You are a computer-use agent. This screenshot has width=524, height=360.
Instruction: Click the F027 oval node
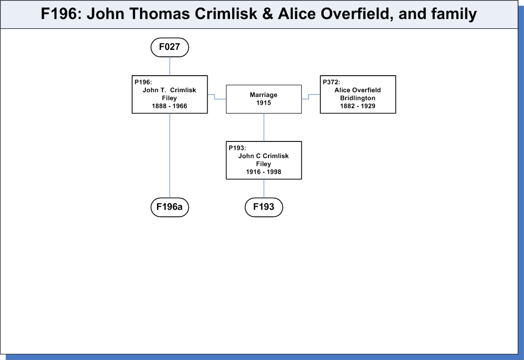(170, 47)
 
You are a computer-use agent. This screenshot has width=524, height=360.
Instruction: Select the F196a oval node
(170, 207)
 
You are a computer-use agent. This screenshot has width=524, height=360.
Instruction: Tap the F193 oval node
(264, 207)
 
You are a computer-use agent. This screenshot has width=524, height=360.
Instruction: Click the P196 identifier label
(143, 82)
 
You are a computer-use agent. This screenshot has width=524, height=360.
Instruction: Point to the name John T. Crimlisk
(169, 90)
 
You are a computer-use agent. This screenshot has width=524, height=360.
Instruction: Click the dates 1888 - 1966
(169, 106)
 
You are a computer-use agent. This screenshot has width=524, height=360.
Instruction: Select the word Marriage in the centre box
(263, 95)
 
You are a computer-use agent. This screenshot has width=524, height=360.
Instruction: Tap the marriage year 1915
(263, 103)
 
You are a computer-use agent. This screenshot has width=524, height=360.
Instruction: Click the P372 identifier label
(331, 82)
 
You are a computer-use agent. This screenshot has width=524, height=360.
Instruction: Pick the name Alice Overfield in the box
(358, 90)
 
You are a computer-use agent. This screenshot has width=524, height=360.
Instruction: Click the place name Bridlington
(358, 98)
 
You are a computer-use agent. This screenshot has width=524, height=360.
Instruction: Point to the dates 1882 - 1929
(358, 106)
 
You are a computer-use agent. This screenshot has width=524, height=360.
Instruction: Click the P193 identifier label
(237, 148)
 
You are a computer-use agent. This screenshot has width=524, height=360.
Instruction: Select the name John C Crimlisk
(263, 156)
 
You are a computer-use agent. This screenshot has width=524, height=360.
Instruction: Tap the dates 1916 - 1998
(263, 172)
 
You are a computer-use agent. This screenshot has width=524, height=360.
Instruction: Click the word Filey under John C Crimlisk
(263, 164)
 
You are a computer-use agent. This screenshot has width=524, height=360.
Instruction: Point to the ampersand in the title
(267, 14)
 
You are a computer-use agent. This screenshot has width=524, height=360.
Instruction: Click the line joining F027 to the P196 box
(170, 66)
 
